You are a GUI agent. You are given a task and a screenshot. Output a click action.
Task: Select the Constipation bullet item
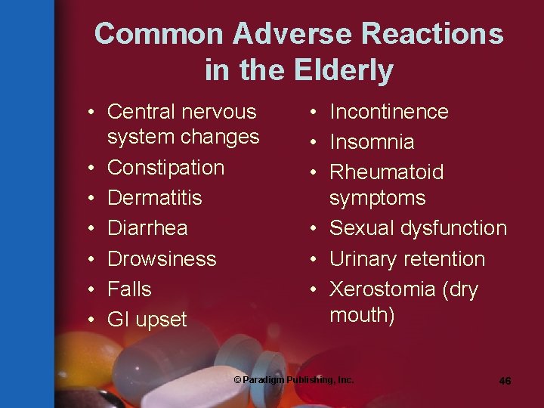pos(165,168)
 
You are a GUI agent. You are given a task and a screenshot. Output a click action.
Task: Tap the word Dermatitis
pos(155,198)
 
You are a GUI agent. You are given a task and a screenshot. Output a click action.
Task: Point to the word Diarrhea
pos(147,228)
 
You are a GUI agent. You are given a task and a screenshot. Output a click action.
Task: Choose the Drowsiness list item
pos(162,258)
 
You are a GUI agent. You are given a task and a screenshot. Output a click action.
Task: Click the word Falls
pos(129,289)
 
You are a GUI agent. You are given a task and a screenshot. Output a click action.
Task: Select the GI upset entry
pos(147,320)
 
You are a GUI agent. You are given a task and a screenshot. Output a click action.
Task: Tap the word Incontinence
pos(388,112)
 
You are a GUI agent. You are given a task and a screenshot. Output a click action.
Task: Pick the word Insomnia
pos(372,142)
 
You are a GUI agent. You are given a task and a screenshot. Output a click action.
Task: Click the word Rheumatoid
pos(386,172)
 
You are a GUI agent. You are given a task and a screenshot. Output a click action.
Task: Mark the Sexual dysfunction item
pos(418,228)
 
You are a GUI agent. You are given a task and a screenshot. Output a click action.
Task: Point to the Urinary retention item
pos(406,258)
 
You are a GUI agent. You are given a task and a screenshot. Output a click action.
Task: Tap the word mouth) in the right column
pos(362,315)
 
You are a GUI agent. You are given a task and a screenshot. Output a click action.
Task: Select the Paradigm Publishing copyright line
pos(293,380)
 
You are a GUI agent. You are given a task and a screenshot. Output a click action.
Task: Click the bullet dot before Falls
pos(90,289)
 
